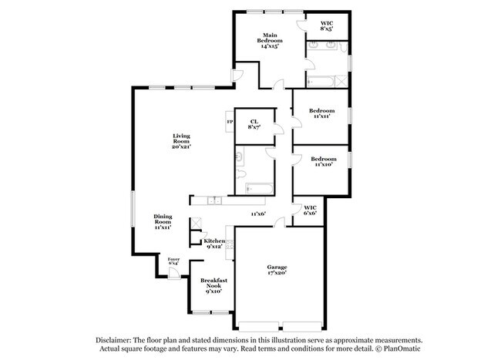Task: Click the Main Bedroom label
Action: pos(269,40)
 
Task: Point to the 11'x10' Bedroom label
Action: pos(321,160)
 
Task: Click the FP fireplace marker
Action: pos(229,122)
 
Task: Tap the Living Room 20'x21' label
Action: pos(180,142)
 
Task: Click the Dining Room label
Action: pos(163,222)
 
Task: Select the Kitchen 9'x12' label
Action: pos(214,244)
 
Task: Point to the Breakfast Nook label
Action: pos(213,285)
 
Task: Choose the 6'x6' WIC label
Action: pos(311,210)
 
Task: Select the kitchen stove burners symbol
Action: pos(228,245)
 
